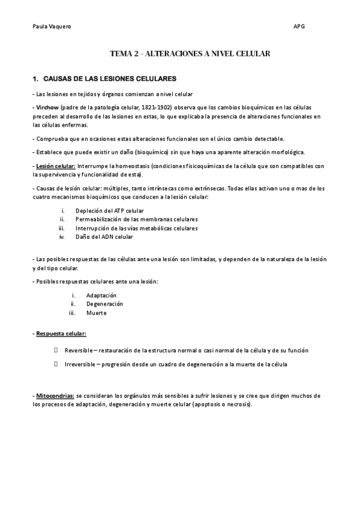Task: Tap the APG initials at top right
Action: tap(298, 26)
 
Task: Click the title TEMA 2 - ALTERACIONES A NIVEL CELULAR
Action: tap(190, 54)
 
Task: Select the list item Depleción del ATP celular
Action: tap(110, 211)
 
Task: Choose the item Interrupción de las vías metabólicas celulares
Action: tap(136, 228)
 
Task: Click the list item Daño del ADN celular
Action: tap(104, 236)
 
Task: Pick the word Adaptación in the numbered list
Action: tap(101, 295)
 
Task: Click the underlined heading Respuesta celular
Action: tap(61, 333)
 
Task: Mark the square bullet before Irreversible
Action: tap(56, 364)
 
